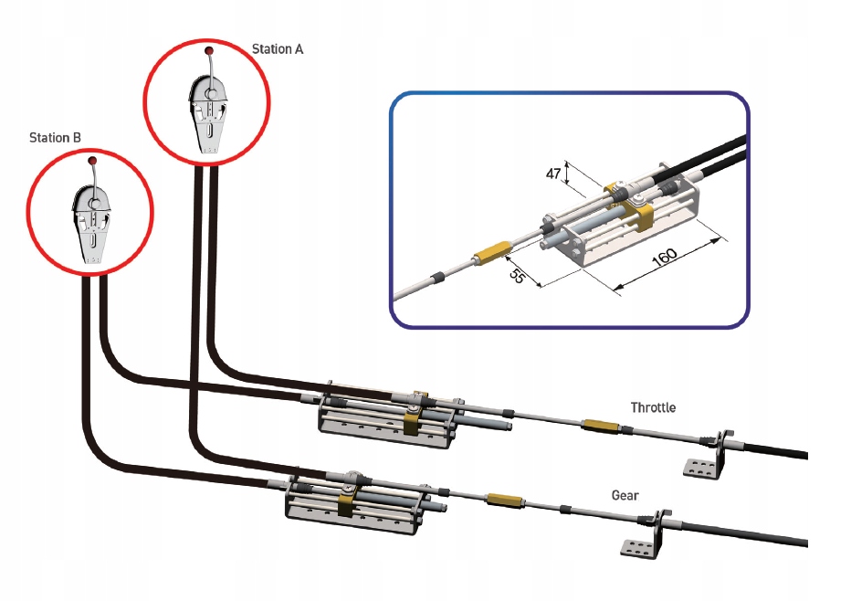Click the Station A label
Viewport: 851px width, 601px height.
(x=277, y=48)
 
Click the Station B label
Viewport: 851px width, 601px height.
(x=56, y=138)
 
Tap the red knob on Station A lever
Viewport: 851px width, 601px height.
(x=208, y=50)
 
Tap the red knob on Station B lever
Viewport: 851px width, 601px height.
(x=92, y=162)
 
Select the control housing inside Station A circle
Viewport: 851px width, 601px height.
(x=209, y=114)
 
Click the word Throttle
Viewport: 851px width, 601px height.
(x=653, y=407)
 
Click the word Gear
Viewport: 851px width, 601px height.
(x=625, y=495)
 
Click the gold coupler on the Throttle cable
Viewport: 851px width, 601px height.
(x=600, y=426)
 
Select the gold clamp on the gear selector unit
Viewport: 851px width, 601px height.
(x=347, y=502)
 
